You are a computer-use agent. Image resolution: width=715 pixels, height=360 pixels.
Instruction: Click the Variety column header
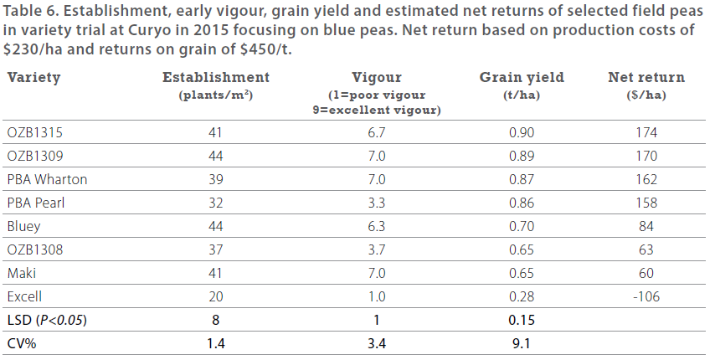[x=33, y=78]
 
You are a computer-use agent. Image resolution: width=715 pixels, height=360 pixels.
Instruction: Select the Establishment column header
[x=215, y=78]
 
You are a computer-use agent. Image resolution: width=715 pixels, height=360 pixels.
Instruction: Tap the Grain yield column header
[x=521, y=78]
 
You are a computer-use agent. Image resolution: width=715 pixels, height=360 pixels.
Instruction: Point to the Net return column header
[x=646, y=78]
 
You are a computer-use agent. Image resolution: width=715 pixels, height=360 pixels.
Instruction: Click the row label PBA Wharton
[x=47, y=179]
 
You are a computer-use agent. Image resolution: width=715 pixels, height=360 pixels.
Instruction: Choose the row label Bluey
[x=24, y=226]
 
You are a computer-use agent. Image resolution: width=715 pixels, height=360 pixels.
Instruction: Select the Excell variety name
[x=24, y=296]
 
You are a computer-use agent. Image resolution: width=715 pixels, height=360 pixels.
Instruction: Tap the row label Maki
[x=22, y=273]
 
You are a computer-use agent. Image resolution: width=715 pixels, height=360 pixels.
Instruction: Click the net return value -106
[x=646, y=296]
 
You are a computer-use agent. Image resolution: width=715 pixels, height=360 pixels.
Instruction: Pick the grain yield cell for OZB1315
[x=522, y=132]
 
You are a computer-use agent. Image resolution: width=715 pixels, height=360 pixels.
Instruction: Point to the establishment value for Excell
[x=215, y=296]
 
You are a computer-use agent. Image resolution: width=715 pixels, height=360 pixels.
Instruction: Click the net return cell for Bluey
[x=646, y=226]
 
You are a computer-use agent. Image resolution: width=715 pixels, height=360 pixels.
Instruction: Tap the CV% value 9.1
[x=522, y=343]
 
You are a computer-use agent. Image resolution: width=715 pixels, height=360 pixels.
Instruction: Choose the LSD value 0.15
[x=522, y=320]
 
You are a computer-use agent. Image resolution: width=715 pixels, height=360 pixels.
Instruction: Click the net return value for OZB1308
[x=646, y=249]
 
